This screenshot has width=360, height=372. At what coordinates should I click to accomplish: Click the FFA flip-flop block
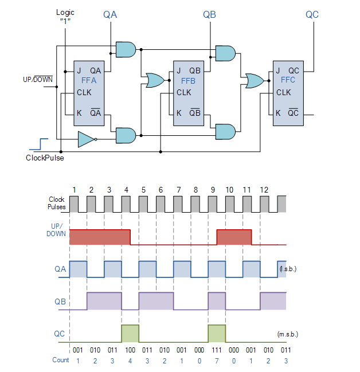coord(89,92)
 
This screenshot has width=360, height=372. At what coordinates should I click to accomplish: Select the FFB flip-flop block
coord(189,92)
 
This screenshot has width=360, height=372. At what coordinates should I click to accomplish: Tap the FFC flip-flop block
coord(286,92)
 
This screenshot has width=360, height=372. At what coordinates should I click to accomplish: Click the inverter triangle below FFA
coord(86,138)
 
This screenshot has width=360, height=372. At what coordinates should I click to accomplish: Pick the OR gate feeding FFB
coord(154,81)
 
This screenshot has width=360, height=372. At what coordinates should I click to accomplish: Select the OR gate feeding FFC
coord(253,81)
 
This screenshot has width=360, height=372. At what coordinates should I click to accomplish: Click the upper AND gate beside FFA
coord(126,49)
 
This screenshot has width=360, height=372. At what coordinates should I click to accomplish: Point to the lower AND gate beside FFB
coord(225,132)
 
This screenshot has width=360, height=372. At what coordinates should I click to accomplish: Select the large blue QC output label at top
coord(312,14)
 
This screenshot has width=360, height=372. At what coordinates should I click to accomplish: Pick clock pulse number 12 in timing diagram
coord(264,190)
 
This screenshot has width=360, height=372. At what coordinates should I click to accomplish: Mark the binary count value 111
coord(216,350)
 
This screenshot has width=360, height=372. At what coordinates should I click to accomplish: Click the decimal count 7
coord(216,360)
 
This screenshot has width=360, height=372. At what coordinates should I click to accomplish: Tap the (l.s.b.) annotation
coord(288,269)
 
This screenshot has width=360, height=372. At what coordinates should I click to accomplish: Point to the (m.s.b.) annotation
coord(288,334)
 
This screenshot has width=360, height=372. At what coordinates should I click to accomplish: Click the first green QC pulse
coord(130,334)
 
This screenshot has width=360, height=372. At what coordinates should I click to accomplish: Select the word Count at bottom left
coord(60,360)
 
